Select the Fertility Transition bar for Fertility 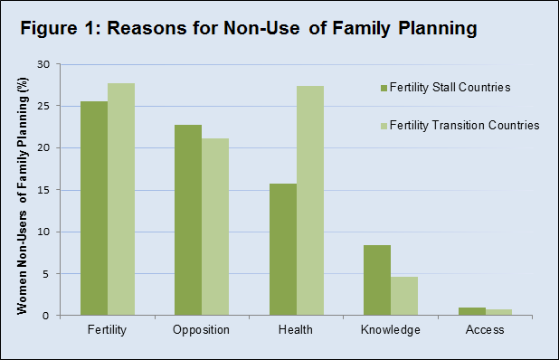tap(121, 199)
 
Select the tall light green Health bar tap(309, 201)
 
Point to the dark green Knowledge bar tap(376, 280)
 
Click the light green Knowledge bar tap(403, 296)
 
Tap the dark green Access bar tap(470, 311)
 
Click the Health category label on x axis tap(296, 330)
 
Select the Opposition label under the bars tap(202, 330)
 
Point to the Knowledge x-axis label tap(390, 330)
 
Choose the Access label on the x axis tap(485, 330)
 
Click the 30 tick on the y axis tap(43, 64)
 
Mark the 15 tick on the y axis tap(43, 190)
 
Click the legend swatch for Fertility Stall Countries tap(384, 88)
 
